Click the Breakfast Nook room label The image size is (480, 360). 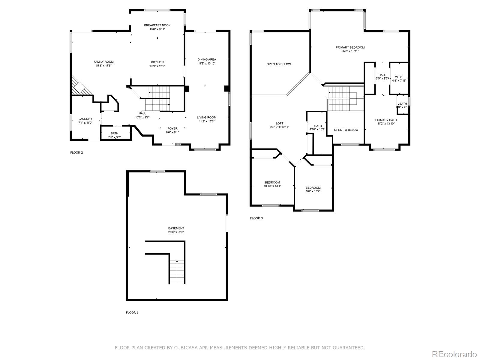point(157,25)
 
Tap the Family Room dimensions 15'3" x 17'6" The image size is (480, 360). point(103,66)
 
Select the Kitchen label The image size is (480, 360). point(157,62)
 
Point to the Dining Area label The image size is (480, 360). point(207,59)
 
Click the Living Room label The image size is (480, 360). point(206,117)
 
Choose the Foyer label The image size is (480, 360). point(172,128)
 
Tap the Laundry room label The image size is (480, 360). point(85,119)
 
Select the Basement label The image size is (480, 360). point(176,228)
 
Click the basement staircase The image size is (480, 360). point(177,271)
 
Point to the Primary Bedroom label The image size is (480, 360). point(350,47)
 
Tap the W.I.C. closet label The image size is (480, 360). point(399,77)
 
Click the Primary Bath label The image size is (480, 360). point(386,120)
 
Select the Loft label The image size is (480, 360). point(279,123)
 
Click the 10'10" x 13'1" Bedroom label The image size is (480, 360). point(272,182)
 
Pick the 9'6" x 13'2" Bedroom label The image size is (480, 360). point(313,187)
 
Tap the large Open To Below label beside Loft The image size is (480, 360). point(279,64)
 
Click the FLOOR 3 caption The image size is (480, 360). point(256,218)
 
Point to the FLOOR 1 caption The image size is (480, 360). point(132,313)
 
